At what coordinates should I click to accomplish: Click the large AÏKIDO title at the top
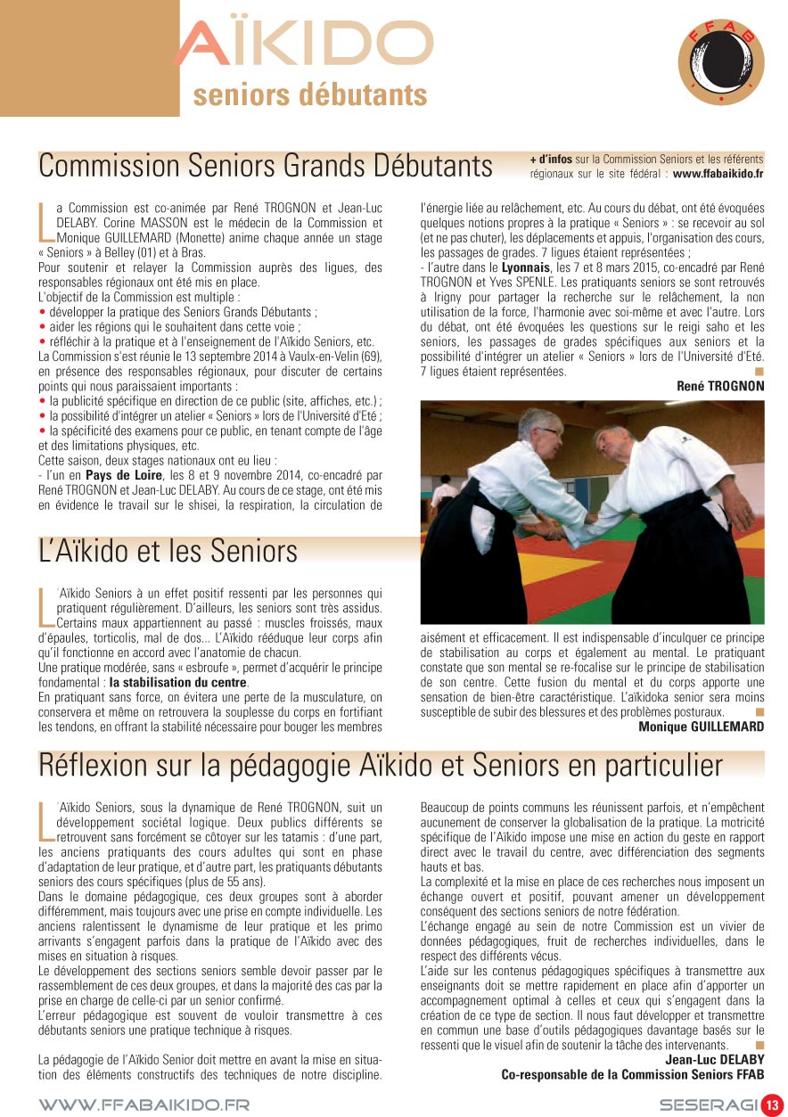(303, 44)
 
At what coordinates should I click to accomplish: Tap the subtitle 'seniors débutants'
(309, 94)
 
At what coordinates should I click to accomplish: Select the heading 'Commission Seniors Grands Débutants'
(266, 166)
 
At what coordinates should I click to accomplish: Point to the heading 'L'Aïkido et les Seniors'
(168, 552)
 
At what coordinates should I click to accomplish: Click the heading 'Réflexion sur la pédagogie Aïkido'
(381, 765)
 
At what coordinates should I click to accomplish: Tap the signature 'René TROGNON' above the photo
(720, 385)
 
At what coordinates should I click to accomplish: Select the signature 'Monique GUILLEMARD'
(701, 727)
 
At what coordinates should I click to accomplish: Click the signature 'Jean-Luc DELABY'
(714, 1060)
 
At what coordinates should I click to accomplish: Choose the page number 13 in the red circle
(771, 1105)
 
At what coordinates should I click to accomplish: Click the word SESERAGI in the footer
(709, 1105)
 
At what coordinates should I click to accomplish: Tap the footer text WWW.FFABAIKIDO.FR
(144, 1105)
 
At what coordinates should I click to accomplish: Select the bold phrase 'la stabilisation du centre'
(177, 682)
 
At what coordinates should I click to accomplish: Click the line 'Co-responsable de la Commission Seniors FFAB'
(632, 1074)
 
